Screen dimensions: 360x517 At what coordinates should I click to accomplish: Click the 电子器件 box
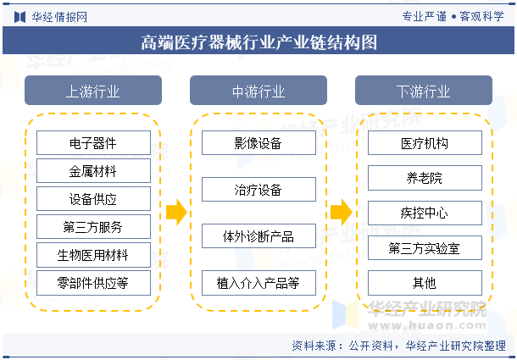click(93, 143)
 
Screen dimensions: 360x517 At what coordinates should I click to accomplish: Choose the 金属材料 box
click(93, 171)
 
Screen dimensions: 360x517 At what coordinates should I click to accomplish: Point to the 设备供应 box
click(93, 199)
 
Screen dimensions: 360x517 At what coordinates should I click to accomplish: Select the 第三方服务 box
click(93, 227)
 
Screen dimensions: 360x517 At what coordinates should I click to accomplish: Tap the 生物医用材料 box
click(93, 255)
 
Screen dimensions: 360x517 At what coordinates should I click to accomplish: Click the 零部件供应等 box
click(93, 283)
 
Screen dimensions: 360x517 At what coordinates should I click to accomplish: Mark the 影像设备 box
click(258, 143)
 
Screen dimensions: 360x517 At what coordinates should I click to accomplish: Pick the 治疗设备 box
click(258, 189)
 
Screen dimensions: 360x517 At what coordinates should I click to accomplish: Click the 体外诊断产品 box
click(258, 235)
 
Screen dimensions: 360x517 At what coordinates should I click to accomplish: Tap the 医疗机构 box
click(424, 143)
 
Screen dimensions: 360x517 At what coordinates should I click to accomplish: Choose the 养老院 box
click(424, 178)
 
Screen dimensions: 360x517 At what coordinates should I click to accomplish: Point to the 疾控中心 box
click(424, 213)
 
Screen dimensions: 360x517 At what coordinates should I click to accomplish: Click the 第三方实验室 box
click(424, 247)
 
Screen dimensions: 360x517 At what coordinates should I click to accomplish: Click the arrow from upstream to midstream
click(175, 213)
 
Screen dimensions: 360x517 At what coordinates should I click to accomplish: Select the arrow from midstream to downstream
click(341, 213)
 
